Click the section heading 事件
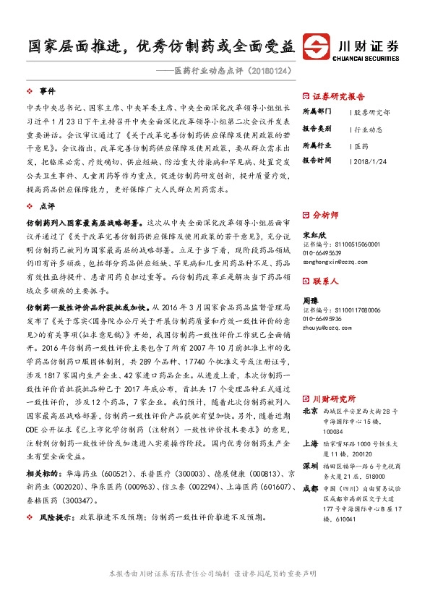click(48, 91)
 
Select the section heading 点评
click(48, 206)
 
